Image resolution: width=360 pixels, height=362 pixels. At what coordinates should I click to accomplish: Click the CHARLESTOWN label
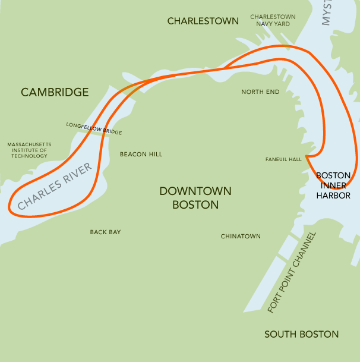point(203,21)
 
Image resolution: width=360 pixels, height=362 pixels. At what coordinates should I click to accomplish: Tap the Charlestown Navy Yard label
point(273,20)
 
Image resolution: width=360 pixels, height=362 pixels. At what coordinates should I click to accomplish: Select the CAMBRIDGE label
point(55,92)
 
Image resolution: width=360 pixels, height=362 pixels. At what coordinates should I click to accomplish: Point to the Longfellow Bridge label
point(94,128)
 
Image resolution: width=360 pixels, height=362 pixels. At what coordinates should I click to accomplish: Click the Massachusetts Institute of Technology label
point(29,150)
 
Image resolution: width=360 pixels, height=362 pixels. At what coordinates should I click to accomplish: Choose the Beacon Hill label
point(141,154)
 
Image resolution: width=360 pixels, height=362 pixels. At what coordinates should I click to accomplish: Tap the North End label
point(260,92)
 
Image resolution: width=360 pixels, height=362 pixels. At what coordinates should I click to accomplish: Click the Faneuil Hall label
point(284,159)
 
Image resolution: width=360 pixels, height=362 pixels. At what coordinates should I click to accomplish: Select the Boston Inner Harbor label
point(333,185)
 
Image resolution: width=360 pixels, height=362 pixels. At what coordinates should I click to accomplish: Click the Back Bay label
point(105,232)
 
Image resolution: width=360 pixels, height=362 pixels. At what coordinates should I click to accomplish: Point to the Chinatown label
point(241,236)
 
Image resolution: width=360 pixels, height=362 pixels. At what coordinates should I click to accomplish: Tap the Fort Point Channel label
point(292,272)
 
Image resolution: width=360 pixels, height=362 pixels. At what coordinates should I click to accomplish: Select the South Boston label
point(301,334)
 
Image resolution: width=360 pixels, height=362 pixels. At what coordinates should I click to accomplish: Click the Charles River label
point(55,186)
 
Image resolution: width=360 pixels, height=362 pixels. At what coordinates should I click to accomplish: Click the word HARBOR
point(333,195)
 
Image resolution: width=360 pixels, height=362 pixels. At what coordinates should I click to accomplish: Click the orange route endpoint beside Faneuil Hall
point(306,157)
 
